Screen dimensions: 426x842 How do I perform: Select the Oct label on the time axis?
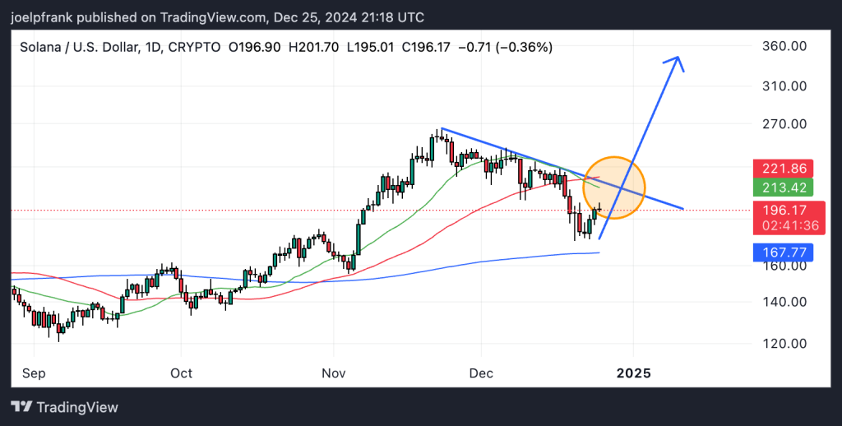click(181, 373)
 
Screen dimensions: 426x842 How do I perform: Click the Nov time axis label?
click(334, 373)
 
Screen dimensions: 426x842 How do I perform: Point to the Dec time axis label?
click(480, 373)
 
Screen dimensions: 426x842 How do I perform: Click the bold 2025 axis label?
click(633, 373)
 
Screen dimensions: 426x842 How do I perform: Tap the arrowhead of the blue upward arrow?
click(677, 59)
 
